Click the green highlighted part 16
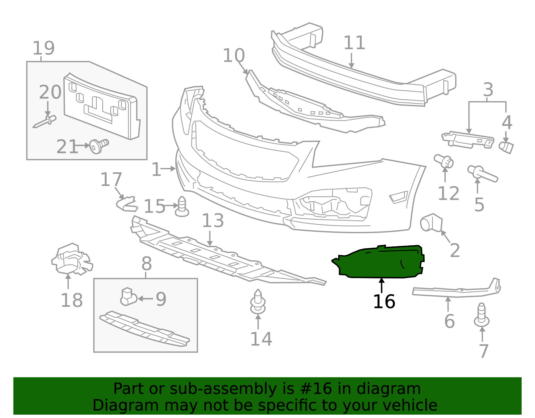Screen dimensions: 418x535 (381, 263)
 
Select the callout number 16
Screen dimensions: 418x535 (384, 302)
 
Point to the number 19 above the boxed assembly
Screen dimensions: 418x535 (43, 49)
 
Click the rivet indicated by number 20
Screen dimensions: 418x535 (45, 122)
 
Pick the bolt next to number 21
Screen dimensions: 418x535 (99, 146)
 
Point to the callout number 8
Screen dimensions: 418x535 (146, 264)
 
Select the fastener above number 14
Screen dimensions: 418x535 (258, 302)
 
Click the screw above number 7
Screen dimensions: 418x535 (481, 315)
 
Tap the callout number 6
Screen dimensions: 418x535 (449, 321)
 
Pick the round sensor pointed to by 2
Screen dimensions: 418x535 (431, 223)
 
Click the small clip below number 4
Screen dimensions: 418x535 (506, 147)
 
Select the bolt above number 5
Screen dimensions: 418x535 (483, 173)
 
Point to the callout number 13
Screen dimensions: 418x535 (213, 221)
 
